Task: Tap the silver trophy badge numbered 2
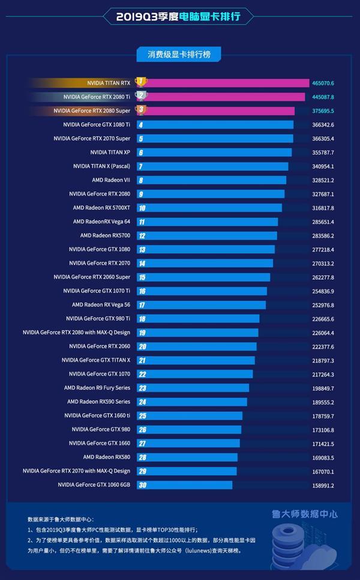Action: pyautogui.click(x=141, y=95)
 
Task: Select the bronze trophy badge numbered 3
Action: pyautogui.click(x=141, y=110)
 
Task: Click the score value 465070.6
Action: pyautogui.click(x=323, y=83)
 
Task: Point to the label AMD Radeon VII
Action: pyautogui.click(x=111, y=180)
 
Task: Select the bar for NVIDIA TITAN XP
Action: pyautogui.click(x=216, y=153)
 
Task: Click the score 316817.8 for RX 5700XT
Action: pyautogui.click(x=323, y=208)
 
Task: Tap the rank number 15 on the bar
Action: pyautogui.click(x=142, y=277)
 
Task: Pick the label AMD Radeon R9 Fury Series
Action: pyautogui.click(x=97, y=388)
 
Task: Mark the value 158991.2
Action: pyautogui.click(x=323, y=485)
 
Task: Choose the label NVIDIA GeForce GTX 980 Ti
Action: pyautogui.click(x=98, y=319)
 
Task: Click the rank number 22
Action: pyautogui.click(x=142, y=374)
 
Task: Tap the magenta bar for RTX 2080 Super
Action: pyautogui.click(x=219, y=110)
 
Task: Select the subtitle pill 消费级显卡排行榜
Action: pyautogui.click(x=179, y=55)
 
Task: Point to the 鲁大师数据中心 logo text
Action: pyautogui.click(x=304, y=514)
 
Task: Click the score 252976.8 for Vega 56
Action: pyautogui.click(x=323, y=305)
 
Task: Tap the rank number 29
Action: pyautogui.click(x=142, y=471)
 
